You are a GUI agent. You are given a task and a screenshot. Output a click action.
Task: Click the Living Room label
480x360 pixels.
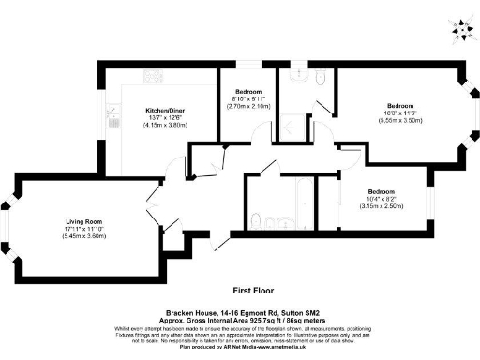click(x=68, y=220)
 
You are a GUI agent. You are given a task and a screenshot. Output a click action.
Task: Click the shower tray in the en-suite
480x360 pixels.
click(x=294, y=128)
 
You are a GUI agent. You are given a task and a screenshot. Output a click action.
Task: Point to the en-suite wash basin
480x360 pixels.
click(x=319, y=85)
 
